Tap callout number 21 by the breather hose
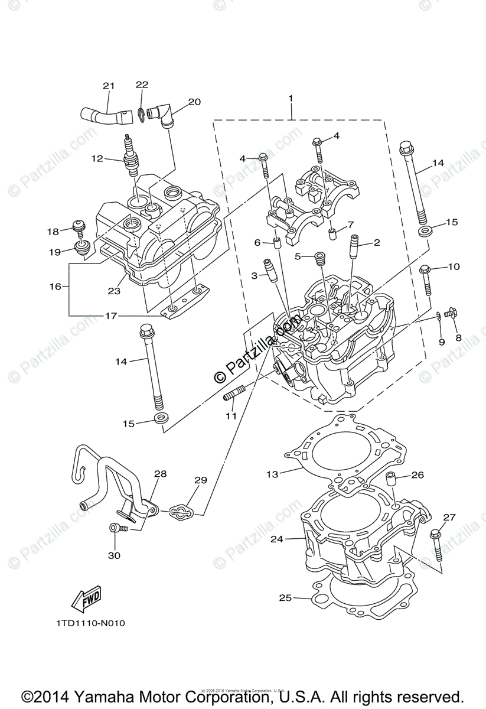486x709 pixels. tap(108, 86)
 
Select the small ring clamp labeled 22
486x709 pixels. tap(141, 113)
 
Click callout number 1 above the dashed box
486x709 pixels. tap(291, 97)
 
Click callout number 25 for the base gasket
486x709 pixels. tap(285, 598)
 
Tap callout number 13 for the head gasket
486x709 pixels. tap(272, 474)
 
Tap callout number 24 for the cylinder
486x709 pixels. tap(277, 539)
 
